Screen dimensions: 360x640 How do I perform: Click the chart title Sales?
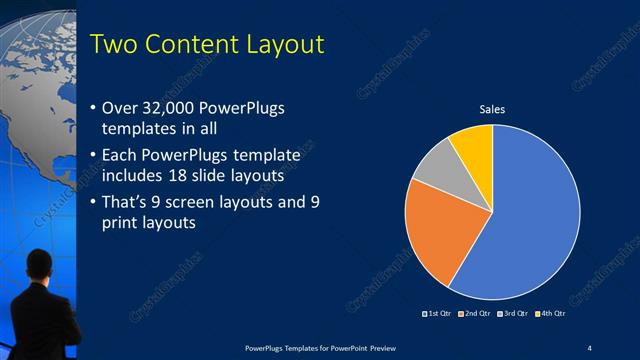pyautogui.click(x=492, y=108)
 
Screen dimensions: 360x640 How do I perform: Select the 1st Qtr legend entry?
pyautogui.click(x=439, y=314)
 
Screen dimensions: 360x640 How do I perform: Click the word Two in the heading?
pyautogui.click(x=113, y=45)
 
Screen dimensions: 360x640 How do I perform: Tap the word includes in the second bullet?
pyautogui.click(x=135, y=176)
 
